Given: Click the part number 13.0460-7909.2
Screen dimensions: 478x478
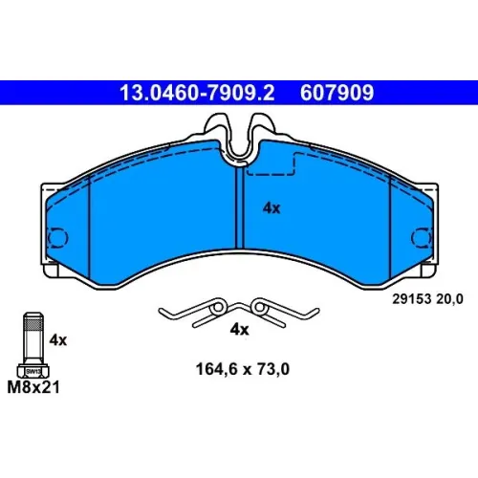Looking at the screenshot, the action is [197, 93].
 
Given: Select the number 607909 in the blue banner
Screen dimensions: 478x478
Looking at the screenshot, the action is [337, 93].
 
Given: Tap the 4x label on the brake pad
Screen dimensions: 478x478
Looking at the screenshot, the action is [272, 208].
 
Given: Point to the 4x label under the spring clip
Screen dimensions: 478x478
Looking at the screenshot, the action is [239, 329].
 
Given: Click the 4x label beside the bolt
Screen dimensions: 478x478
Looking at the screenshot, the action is [58, 340].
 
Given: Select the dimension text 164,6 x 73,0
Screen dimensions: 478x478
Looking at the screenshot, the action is [243, 369].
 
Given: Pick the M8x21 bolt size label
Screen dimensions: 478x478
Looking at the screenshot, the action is [33, 387].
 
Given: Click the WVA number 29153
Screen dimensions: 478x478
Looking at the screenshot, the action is [412, 299].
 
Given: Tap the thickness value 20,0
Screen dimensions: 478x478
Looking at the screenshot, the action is [449, 299].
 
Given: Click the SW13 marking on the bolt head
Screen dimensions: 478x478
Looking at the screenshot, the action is [33, 371].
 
